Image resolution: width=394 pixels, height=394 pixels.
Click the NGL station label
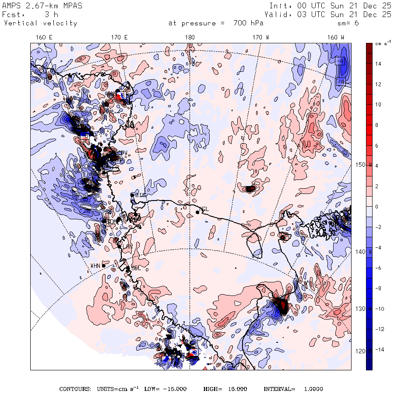point(204,209)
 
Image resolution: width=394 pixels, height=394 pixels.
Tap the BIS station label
point(140,194)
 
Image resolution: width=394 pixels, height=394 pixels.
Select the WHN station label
point(95,266)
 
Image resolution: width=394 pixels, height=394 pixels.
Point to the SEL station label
point(136,267)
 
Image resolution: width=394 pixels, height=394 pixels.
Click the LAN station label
point(127,247)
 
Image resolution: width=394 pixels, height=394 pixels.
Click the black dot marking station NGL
point(197,212)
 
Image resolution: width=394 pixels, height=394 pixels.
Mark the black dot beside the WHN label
point(104,265)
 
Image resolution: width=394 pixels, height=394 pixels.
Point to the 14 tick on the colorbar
point(378,64)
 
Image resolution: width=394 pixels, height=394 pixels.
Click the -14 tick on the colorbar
point(378,350)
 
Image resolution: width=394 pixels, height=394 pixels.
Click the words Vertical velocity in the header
point(41,23)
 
